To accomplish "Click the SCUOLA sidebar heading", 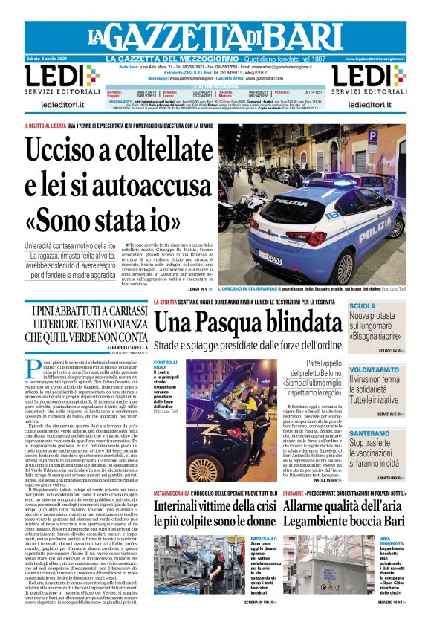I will coord(363,306).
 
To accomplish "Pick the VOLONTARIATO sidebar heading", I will coord(375,369).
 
